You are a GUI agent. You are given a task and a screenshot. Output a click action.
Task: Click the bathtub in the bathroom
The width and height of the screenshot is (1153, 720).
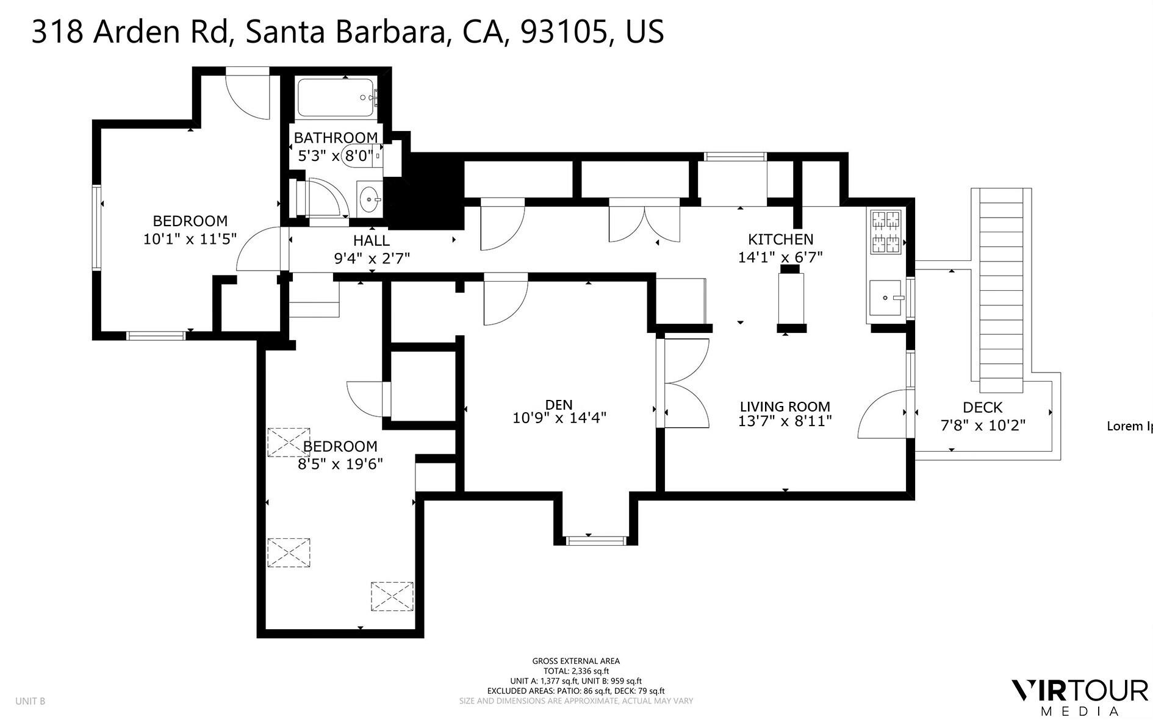pos(336,98)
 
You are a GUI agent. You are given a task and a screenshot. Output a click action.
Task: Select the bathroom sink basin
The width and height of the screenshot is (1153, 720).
pos(368,199)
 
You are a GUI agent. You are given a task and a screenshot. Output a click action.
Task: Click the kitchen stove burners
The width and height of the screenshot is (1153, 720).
pos(886,231)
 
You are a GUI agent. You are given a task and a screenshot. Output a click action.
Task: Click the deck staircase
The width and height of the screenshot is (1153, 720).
pos(1001,290)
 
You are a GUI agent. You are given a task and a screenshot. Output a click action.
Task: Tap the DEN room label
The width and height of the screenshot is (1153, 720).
pos(559,404)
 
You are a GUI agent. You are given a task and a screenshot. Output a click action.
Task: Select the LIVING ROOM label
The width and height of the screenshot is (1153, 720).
pos(785,407)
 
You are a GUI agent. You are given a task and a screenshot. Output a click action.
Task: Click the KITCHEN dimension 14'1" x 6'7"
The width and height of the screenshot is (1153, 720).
pos(780,257)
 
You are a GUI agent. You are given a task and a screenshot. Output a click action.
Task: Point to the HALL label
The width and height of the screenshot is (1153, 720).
pos(371,241)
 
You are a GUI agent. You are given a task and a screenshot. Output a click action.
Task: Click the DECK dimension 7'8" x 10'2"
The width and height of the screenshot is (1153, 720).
pos(983,425)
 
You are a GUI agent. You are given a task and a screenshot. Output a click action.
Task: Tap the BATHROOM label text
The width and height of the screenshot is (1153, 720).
pos(336,138)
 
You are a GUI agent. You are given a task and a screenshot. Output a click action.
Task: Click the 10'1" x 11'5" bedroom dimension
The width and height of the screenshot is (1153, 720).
pos(190,238)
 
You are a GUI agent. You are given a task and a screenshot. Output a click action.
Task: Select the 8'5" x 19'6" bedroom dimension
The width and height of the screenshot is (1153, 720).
pos(340,464)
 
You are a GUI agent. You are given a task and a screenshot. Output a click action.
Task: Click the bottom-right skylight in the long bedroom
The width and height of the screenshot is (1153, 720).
pos(392,596)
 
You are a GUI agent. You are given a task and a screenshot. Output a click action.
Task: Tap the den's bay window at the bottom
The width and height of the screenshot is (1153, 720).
pos(595,540)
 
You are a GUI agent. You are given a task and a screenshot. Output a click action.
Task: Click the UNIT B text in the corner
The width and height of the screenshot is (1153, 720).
pos(31,701)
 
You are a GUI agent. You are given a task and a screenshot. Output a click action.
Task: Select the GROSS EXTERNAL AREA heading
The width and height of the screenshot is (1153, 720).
pos(576,661)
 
